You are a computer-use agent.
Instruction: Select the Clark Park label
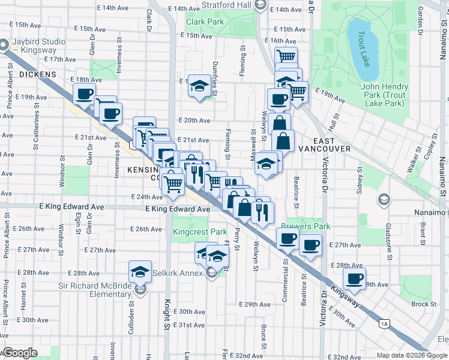coord(205,22)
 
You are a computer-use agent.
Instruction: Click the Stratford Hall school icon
coord(259,5)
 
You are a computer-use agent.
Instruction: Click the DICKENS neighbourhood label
coord(37,74)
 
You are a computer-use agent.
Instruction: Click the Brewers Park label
coord(306,227)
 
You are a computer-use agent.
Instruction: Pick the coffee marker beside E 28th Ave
coord(354,278)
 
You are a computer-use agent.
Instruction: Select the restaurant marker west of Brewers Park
coord(262,212)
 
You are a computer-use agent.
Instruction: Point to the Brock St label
coord(424,304)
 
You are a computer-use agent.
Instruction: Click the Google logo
coord(20,353)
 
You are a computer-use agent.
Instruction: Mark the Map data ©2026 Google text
coord(411,355)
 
